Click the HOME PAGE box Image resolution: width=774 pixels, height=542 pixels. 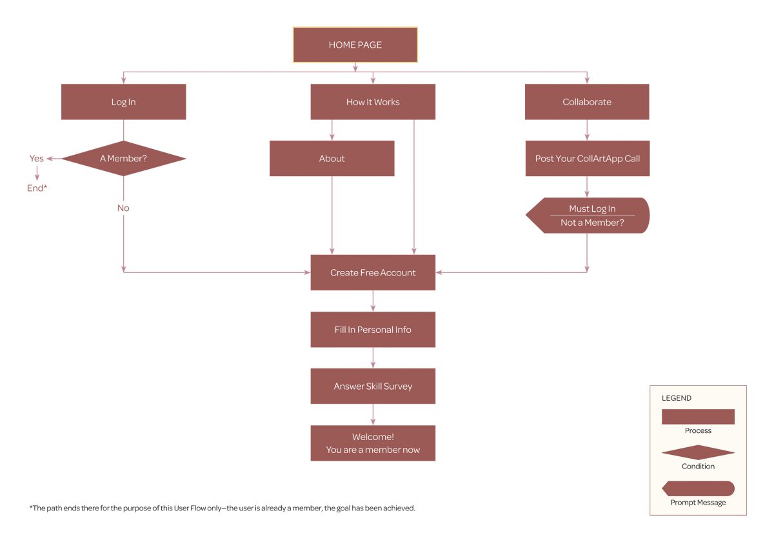pos(355,45)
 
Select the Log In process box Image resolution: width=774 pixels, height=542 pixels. pos(123,102)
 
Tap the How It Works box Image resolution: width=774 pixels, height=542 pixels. pos(373,102)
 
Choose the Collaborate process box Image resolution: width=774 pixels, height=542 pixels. pos(587,102)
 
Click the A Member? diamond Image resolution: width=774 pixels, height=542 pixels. pos(123,159)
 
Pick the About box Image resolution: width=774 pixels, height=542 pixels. pos(332,159)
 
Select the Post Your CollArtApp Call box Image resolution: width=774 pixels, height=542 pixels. pos(587,159)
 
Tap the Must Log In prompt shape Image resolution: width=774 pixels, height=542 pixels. pos(588,216)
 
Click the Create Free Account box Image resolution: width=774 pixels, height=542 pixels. pos(373,273)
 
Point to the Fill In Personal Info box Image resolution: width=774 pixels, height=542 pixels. pos(373,330)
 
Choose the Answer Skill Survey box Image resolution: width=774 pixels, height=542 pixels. pos(373,386)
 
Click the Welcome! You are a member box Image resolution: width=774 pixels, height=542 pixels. pos(373,443)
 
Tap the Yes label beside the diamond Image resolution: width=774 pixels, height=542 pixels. pos(37,159)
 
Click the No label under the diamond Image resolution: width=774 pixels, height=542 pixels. pos(123,208)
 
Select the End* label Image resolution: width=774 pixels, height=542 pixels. pos(37,188)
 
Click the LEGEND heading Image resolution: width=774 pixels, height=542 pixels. pos(677,398)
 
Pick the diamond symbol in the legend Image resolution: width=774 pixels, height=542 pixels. pos(698,452)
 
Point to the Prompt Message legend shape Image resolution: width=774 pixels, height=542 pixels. pos(698,488)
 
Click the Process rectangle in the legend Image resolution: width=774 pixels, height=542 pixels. pos(698,416)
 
